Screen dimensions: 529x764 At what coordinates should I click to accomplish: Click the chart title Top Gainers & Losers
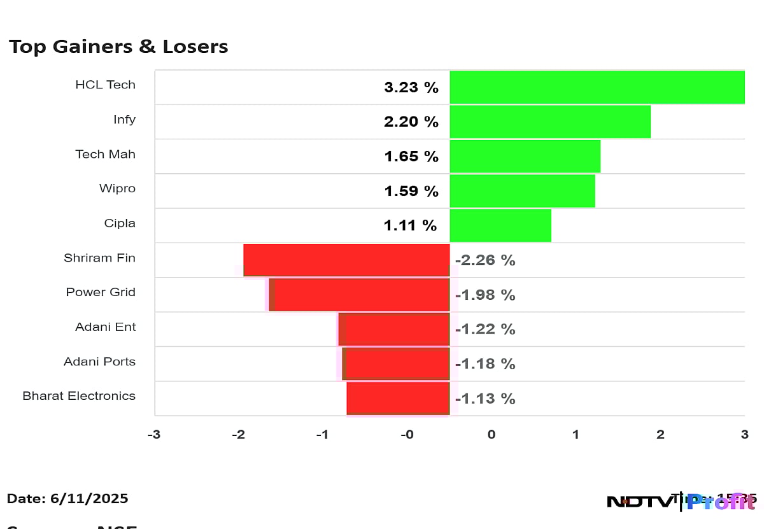click(118, 46)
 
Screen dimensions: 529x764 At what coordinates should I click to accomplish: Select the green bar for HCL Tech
click(597, 87)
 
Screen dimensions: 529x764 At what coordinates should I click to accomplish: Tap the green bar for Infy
click(550, 122)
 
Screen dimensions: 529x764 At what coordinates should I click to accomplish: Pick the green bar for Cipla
click(500, 225)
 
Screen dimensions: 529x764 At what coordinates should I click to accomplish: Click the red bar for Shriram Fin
click(347, 260)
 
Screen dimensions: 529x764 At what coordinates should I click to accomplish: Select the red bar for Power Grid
click(360, 295)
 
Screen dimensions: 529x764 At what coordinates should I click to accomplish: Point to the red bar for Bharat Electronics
click(399, 399)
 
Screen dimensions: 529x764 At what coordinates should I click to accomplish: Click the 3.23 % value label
click(411, 88)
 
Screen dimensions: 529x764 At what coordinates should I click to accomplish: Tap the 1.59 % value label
click(411, 191)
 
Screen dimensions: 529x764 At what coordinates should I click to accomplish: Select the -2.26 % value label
click(485, 260)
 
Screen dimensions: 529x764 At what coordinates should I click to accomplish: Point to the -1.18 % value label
click(485, 364)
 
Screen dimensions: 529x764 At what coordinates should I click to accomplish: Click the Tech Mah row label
click(105, 154)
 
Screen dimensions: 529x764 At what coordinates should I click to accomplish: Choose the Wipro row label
click(117, 188)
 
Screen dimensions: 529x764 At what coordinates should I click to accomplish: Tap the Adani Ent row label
click(105, 327)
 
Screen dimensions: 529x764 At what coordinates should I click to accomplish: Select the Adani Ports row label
click(99, 362)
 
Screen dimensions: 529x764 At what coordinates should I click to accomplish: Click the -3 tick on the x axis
click(153, 435)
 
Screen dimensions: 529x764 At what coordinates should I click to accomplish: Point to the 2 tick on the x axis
click(660, 435)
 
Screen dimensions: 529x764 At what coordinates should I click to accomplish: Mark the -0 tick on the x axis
click(407, 435)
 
